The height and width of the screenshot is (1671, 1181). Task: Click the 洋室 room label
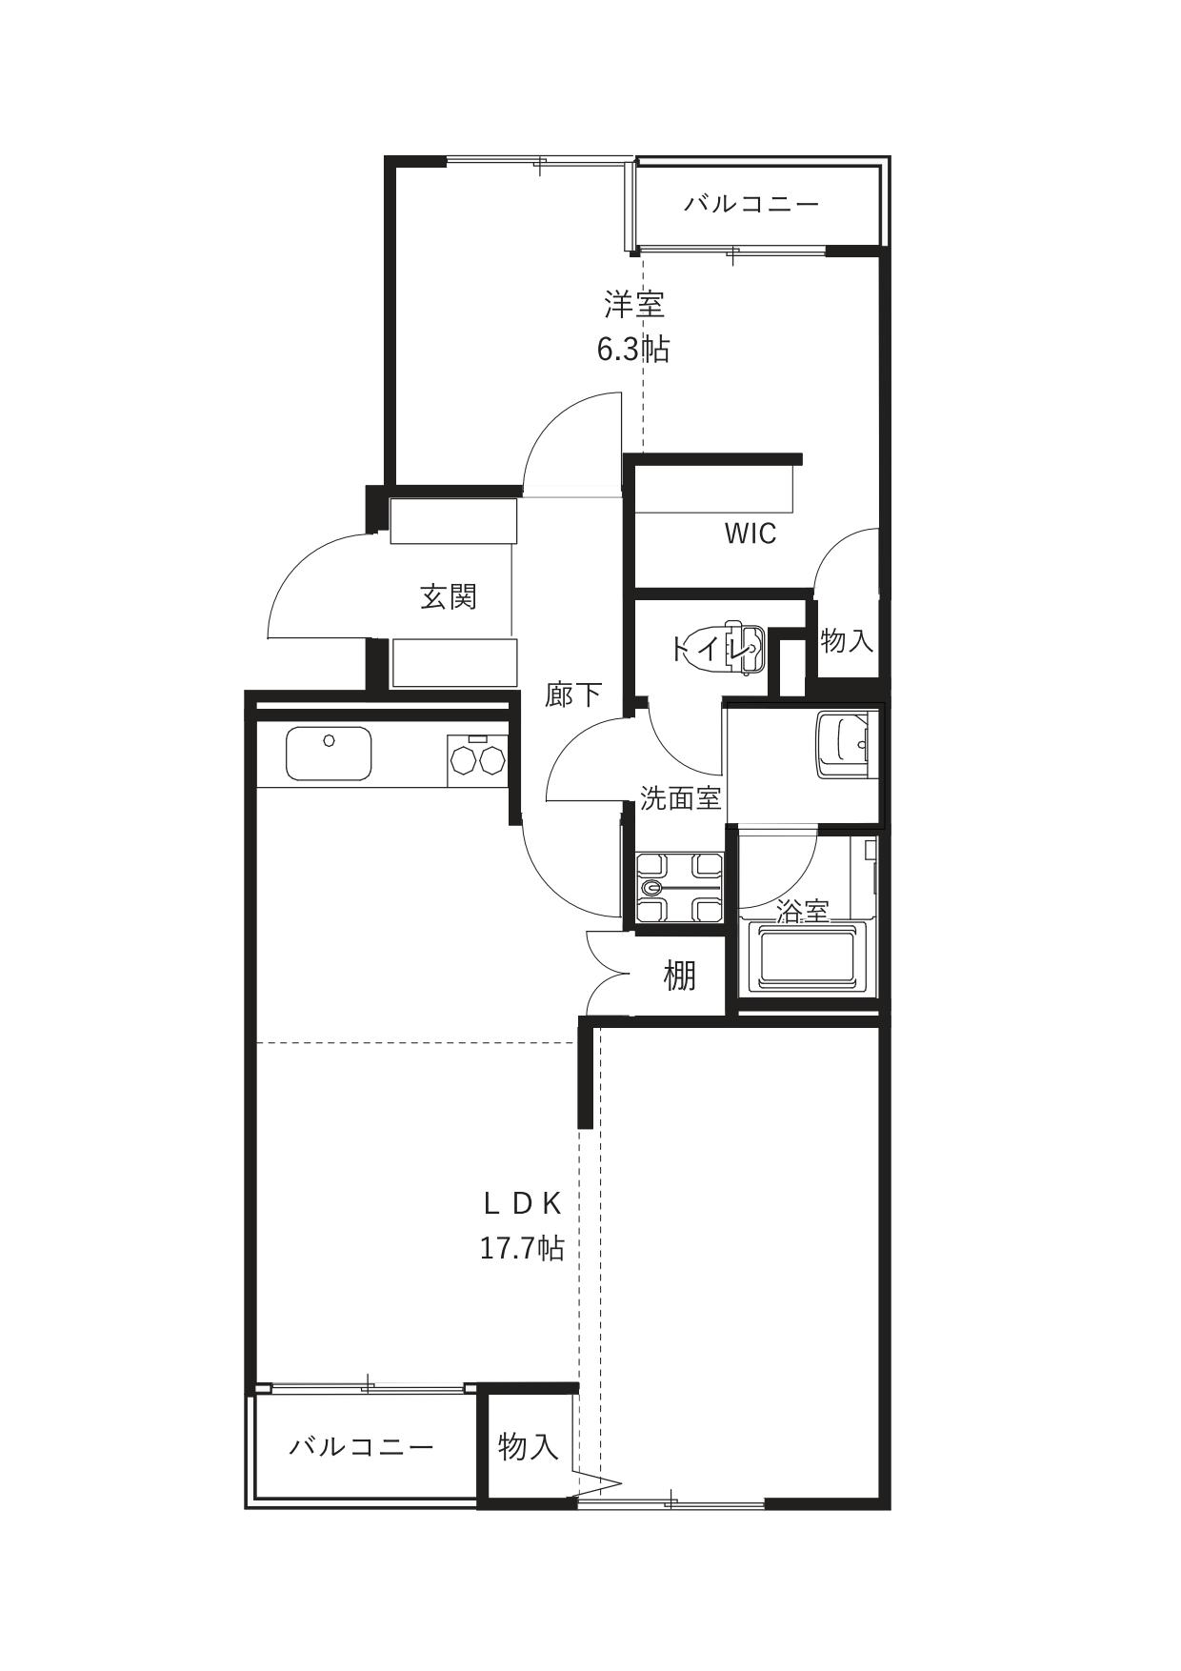[x=634, y=305]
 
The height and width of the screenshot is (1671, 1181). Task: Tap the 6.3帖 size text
[x=633, y=350]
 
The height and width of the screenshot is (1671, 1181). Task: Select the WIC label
[x=751, y=534]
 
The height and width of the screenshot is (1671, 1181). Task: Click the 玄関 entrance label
[x=449, y=597]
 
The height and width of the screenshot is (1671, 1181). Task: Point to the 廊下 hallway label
[x=573, y=695]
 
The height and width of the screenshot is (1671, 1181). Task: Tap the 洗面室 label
[x=680, y=798]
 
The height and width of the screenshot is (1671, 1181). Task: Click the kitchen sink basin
[x=329, y=754]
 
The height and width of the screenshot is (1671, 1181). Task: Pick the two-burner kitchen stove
[x=477, y=760]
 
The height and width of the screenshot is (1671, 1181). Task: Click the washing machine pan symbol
[x=677, y=888]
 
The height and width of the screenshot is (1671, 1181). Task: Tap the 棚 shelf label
[x=679, y=976]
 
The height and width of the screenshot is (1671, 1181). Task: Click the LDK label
[x=522, y=1204]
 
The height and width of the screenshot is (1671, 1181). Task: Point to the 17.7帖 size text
[x=522, y=1248]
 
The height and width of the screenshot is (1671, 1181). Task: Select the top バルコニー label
[x=751, y=204]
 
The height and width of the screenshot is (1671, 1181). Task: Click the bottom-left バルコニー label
[x=362, y=1447]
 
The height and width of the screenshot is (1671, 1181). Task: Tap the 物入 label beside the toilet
[x=847, y=640]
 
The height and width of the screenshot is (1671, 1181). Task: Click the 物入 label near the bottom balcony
[x=528, y=1446]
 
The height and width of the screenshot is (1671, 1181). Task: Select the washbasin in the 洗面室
[x=843, y=746]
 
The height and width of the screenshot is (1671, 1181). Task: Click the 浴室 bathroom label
[x=803, y=911]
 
